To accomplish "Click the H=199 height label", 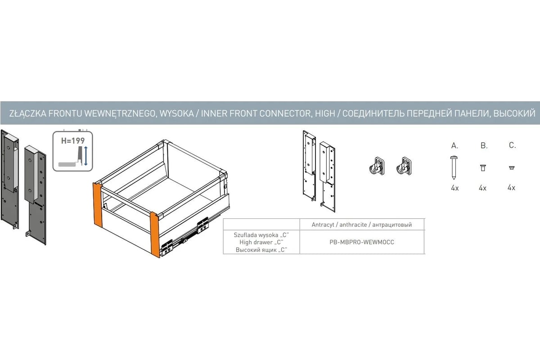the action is pos(73,140).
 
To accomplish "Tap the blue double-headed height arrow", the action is pos(86,156).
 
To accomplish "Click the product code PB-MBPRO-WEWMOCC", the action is pos(362,242).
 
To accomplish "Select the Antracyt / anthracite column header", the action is pos(362,225).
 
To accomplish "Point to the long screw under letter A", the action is pos(454,167).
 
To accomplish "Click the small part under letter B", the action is pos(482,167).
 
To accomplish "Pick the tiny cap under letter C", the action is pos(512,168).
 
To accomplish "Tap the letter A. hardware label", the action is pos(454,145).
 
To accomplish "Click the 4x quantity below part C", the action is pos(511,188).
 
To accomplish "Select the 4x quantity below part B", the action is pos(482,188).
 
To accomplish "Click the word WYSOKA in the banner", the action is pos(177,113).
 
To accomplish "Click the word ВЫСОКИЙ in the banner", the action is pos(514,113).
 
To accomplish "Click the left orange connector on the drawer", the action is pos(98,205).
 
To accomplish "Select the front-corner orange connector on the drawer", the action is pos(155,235).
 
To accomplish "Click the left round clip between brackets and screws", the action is pos(377,166).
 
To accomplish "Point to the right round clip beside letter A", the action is pos(404,166).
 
